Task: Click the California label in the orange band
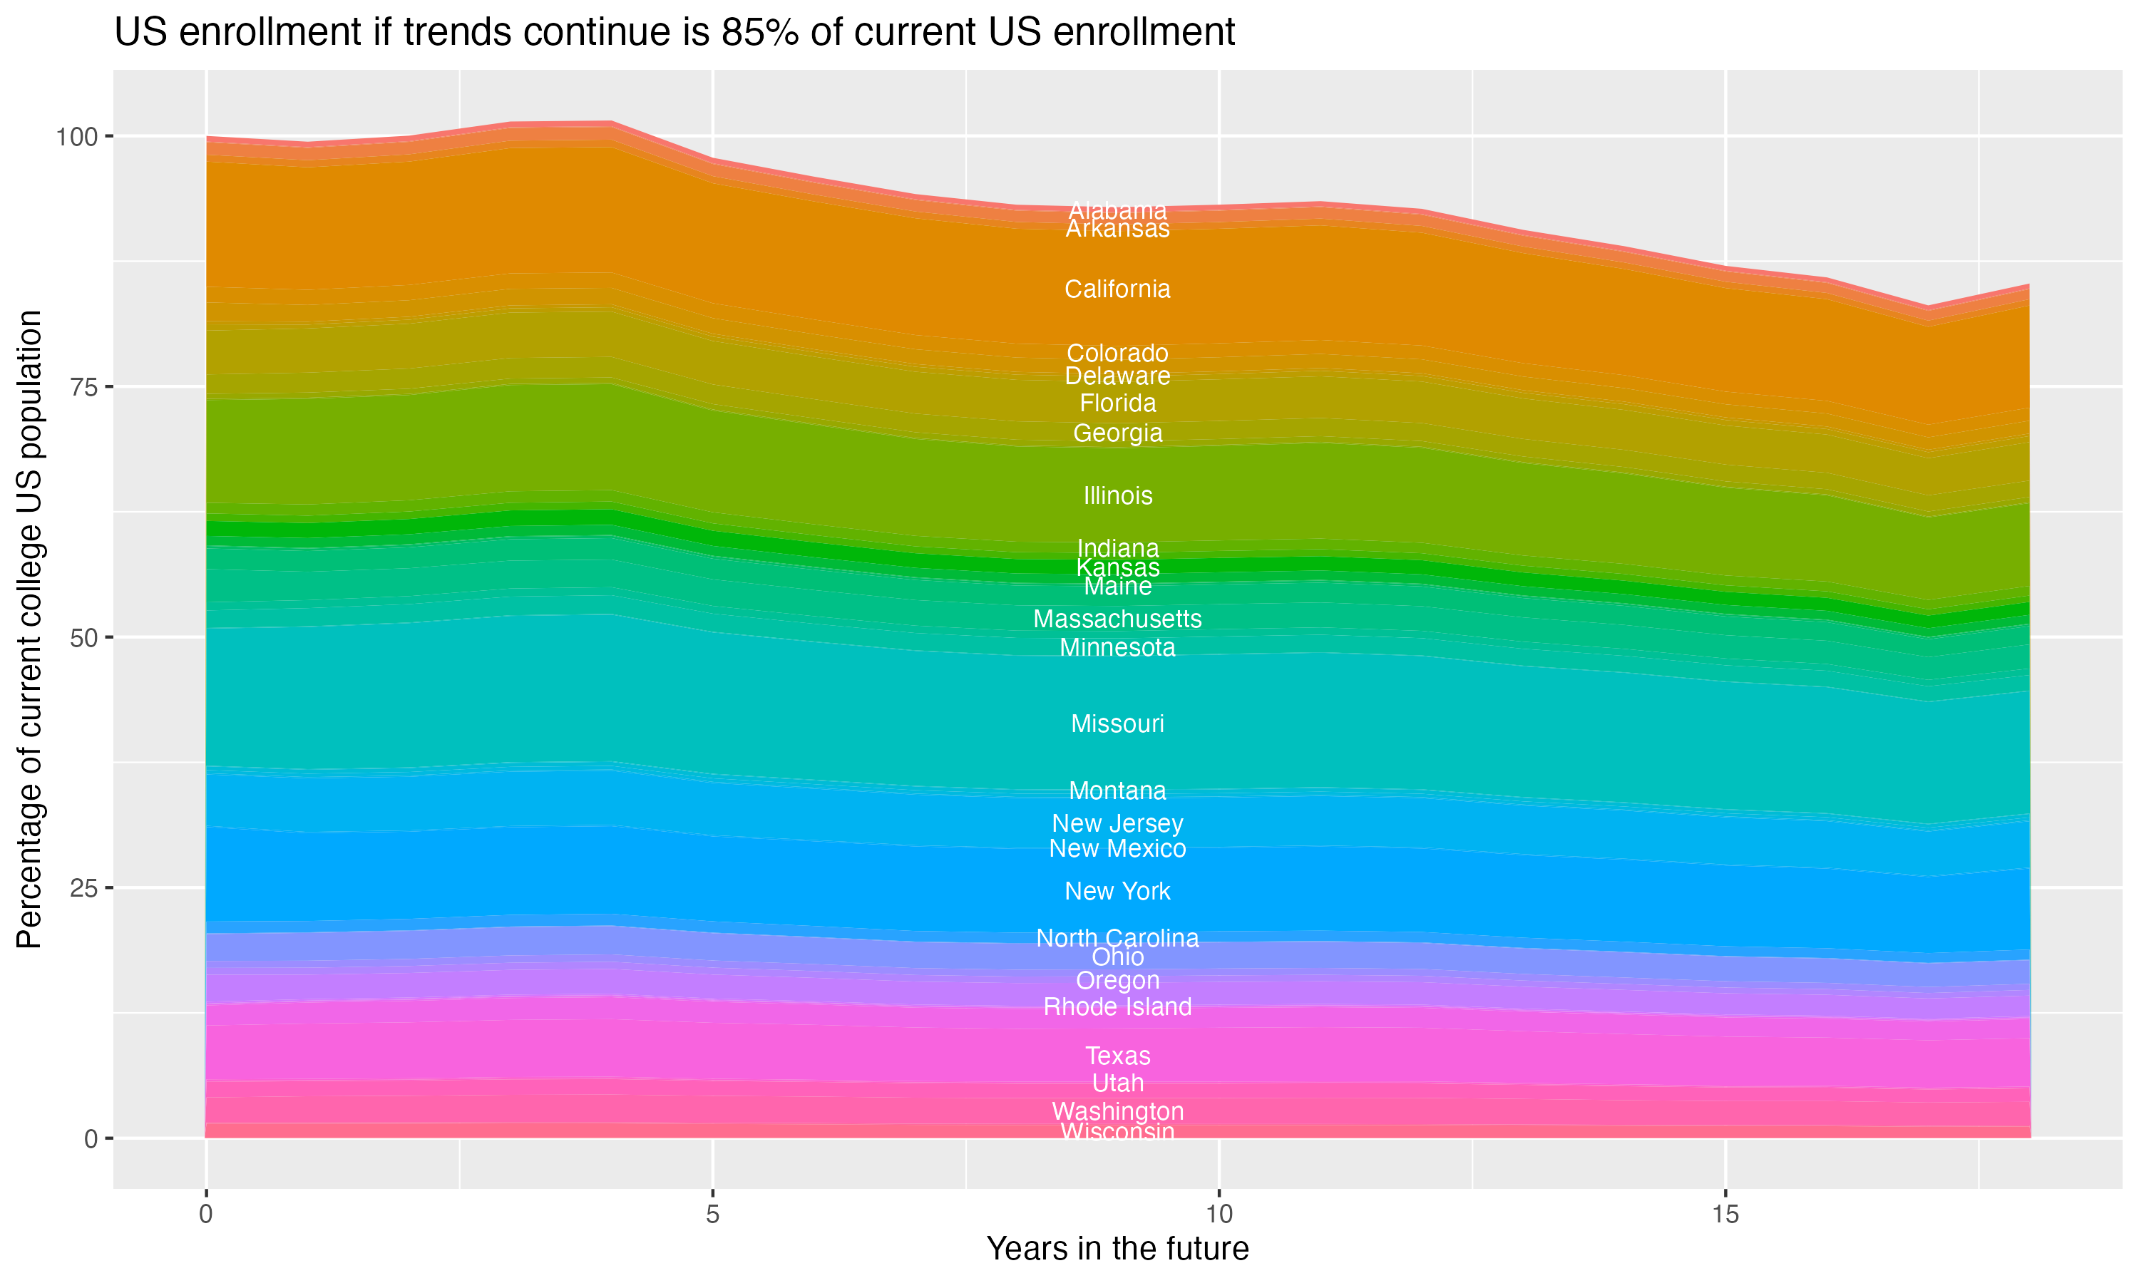pyautogui.click(x=1117, y=289)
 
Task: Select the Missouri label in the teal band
pyautogui.click(x=1117, y=723)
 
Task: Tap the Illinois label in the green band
pyautogui.click(x=1117, y=495)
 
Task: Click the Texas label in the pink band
pyautogui.click(x=1117, y=1056)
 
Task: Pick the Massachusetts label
pyautogui.click(x=1117, y=619)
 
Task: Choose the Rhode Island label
pyautogui.click(x=1117, y=1006)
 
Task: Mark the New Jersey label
pyautogui.click(x=1117, y=823)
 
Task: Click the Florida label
pyautogui.click(x=1117, y=403)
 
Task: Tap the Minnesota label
pyautogui.click(x=1117, y=647)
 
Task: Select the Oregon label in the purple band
pyautogui.click(x=1117, y=980)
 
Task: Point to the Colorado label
pyautogui.click(x=1117, y=353)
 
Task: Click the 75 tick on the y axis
pyautogui.click(x=85, y=387)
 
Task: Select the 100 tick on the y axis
pyautogui.click(x=78, y=137)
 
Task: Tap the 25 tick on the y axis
pyautogui.click(x=85, y=888)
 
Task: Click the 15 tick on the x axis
pyautogui.click(x=1725, y=1215)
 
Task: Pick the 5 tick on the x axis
pyautogui.click(x=712, y=1215)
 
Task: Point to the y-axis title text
pyautogui.click(x=29, y=629)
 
